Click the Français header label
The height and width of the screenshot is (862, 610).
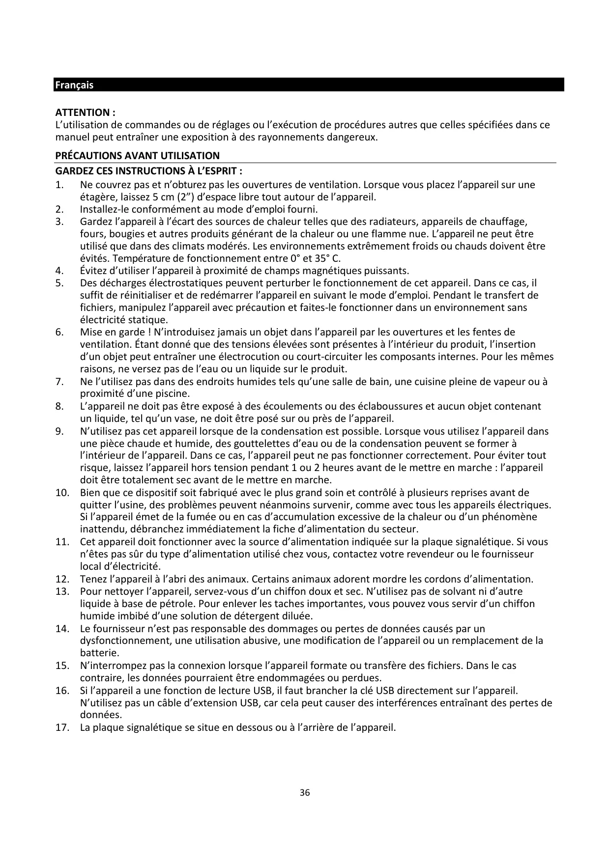pos(74,85)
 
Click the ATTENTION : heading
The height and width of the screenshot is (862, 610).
pos(85,112)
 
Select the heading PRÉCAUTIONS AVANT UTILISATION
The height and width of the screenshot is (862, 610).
pos(137,156)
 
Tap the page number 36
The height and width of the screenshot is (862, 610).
pos(305,792)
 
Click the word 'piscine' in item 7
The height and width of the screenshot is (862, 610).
pos(173,393)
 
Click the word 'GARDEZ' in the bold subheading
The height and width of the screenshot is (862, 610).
pos(73,171)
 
